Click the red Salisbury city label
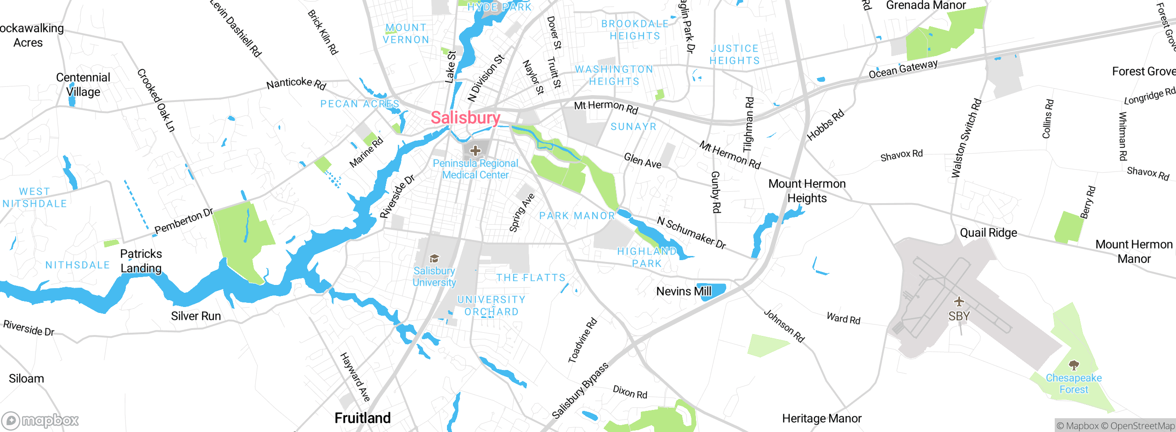coord(465,118)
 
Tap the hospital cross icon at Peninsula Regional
coord(475,150)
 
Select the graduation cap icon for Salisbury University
coord(434,258)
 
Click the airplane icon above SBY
coord(959,301)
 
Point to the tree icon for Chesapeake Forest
coord(1074,365)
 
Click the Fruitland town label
coord(362,418)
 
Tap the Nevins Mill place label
coord(684,291)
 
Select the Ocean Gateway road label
coord(903,69)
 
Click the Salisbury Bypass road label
coord(580,391)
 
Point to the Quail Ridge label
coord(989,233)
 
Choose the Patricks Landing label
coord(141,261)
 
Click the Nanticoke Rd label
coord(296,83)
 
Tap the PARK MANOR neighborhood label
coord(577,216)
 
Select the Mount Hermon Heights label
coord(807,191)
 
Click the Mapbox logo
coord(40,420)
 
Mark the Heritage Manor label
coord(822,418)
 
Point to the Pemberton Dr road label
coord(184,221)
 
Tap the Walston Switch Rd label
coord(966,138)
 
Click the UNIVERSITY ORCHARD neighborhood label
coord(491,306)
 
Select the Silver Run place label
coord(196,316)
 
